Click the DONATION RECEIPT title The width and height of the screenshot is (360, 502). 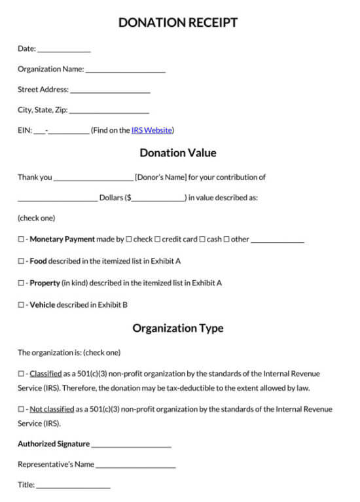(178, 23)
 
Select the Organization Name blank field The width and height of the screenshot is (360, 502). (125, 70)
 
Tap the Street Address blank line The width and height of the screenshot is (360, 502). (110, 91)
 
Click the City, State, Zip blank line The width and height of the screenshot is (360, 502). (109, 111)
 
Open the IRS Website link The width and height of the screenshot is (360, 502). (152, 130)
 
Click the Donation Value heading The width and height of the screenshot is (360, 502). (178, 153)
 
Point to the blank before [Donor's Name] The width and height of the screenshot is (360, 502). (93, 178)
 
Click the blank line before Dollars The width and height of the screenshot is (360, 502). (58, 198)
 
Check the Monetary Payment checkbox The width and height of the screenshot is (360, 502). (21, 240)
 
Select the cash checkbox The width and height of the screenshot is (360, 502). (202, 240)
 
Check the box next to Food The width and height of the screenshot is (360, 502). (21, 261)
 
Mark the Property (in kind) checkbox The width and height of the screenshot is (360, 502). (21, 283)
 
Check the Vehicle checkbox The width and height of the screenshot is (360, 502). (21, 305)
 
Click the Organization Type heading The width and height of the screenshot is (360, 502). (178, 329)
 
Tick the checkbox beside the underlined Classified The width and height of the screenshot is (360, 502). (21, 374)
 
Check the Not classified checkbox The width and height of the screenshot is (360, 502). (21, 410)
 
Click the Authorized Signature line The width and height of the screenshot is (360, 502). (131, 445)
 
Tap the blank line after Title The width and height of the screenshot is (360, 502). (73, 486)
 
